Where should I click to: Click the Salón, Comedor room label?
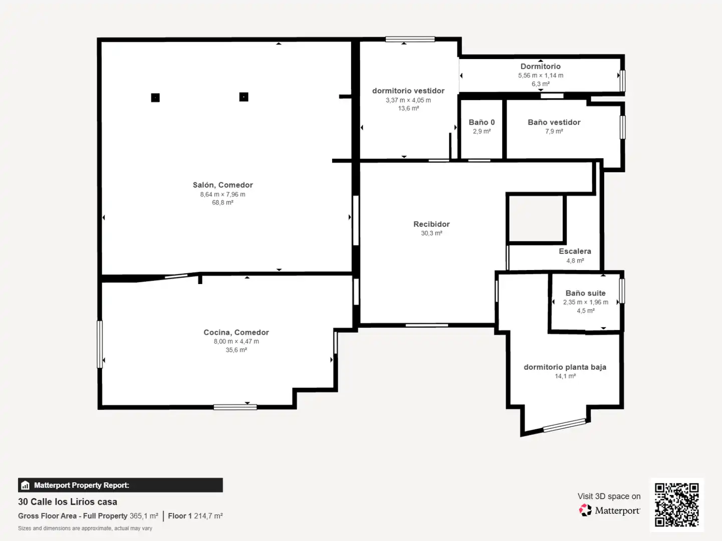222,185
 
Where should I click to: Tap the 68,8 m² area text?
222,202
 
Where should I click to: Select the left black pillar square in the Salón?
155,98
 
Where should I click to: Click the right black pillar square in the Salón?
244,97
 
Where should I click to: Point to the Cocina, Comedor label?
236,332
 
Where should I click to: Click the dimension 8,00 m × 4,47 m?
236,341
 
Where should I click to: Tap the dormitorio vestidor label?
408,91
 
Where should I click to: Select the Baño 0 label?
482,122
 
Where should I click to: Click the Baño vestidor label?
554,122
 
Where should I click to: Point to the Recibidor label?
431,224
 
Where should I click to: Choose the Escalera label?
575,251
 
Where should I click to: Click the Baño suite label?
586,293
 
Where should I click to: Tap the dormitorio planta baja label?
565,367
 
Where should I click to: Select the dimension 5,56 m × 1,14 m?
541,75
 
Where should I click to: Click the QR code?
676,504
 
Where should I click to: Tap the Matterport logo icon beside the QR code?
585,510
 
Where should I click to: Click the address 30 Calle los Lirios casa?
68,501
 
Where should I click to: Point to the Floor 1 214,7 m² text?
195,515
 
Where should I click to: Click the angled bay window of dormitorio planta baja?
564,425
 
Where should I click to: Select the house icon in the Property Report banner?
25,485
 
